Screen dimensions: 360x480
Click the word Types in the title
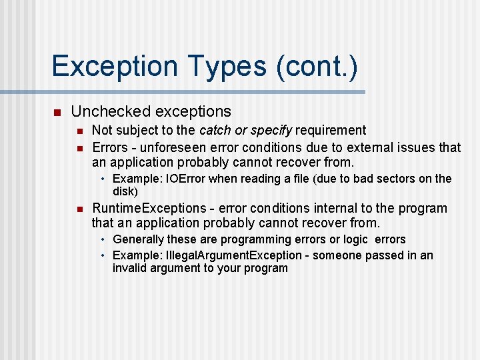[227, 67]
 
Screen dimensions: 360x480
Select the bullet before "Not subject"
[78, 130]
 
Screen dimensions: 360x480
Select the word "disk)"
[125, 191]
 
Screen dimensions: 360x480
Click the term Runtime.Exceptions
[149, 209]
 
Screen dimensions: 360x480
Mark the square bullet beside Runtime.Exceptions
[78, 209]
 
